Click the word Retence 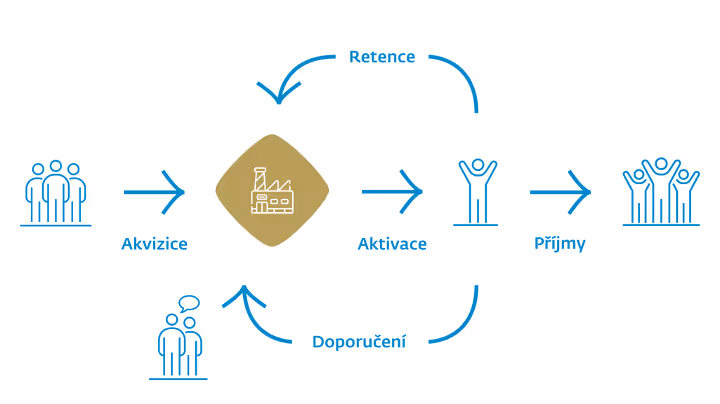381,56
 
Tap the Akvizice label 154,243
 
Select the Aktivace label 392,243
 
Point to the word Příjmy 559,243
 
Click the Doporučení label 358,343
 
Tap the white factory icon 273,192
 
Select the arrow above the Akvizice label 155,191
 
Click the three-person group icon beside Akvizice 56,191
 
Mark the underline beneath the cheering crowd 660,225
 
